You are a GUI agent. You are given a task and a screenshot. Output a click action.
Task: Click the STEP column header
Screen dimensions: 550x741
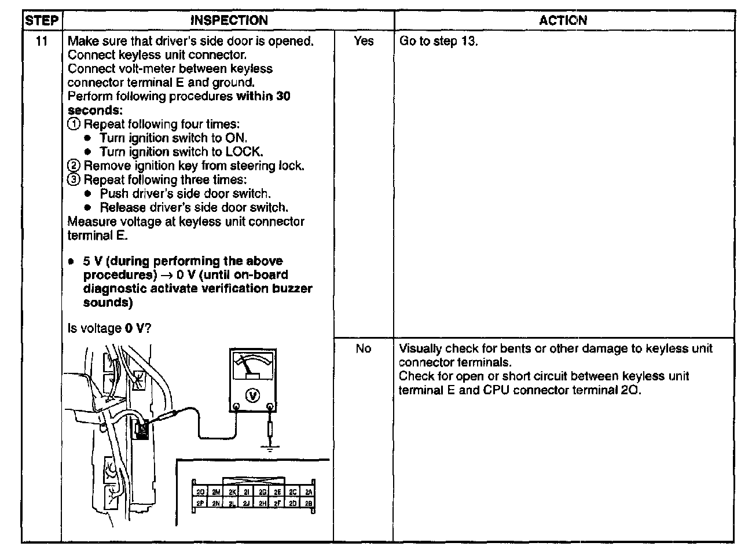click(41, 21)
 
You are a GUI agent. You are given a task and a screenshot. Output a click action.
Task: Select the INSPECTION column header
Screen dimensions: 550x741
click(229, 21)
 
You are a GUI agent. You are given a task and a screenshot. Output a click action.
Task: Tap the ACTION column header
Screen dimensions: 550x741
click(563, 21)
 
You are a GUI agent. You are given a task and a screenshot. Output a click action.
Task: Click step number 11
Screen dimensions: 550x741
click(41, 42)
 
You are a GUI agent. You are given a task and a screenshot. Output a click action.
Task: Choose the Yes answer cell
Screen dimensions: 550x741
click(364, 42)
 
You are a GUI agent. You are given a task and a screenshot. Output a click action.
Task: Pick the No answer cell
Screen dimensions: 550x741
click(364, 349)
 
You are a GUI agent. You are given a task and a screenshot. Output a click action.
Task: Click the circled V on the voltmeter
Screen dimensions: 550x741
click(253, 395)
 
